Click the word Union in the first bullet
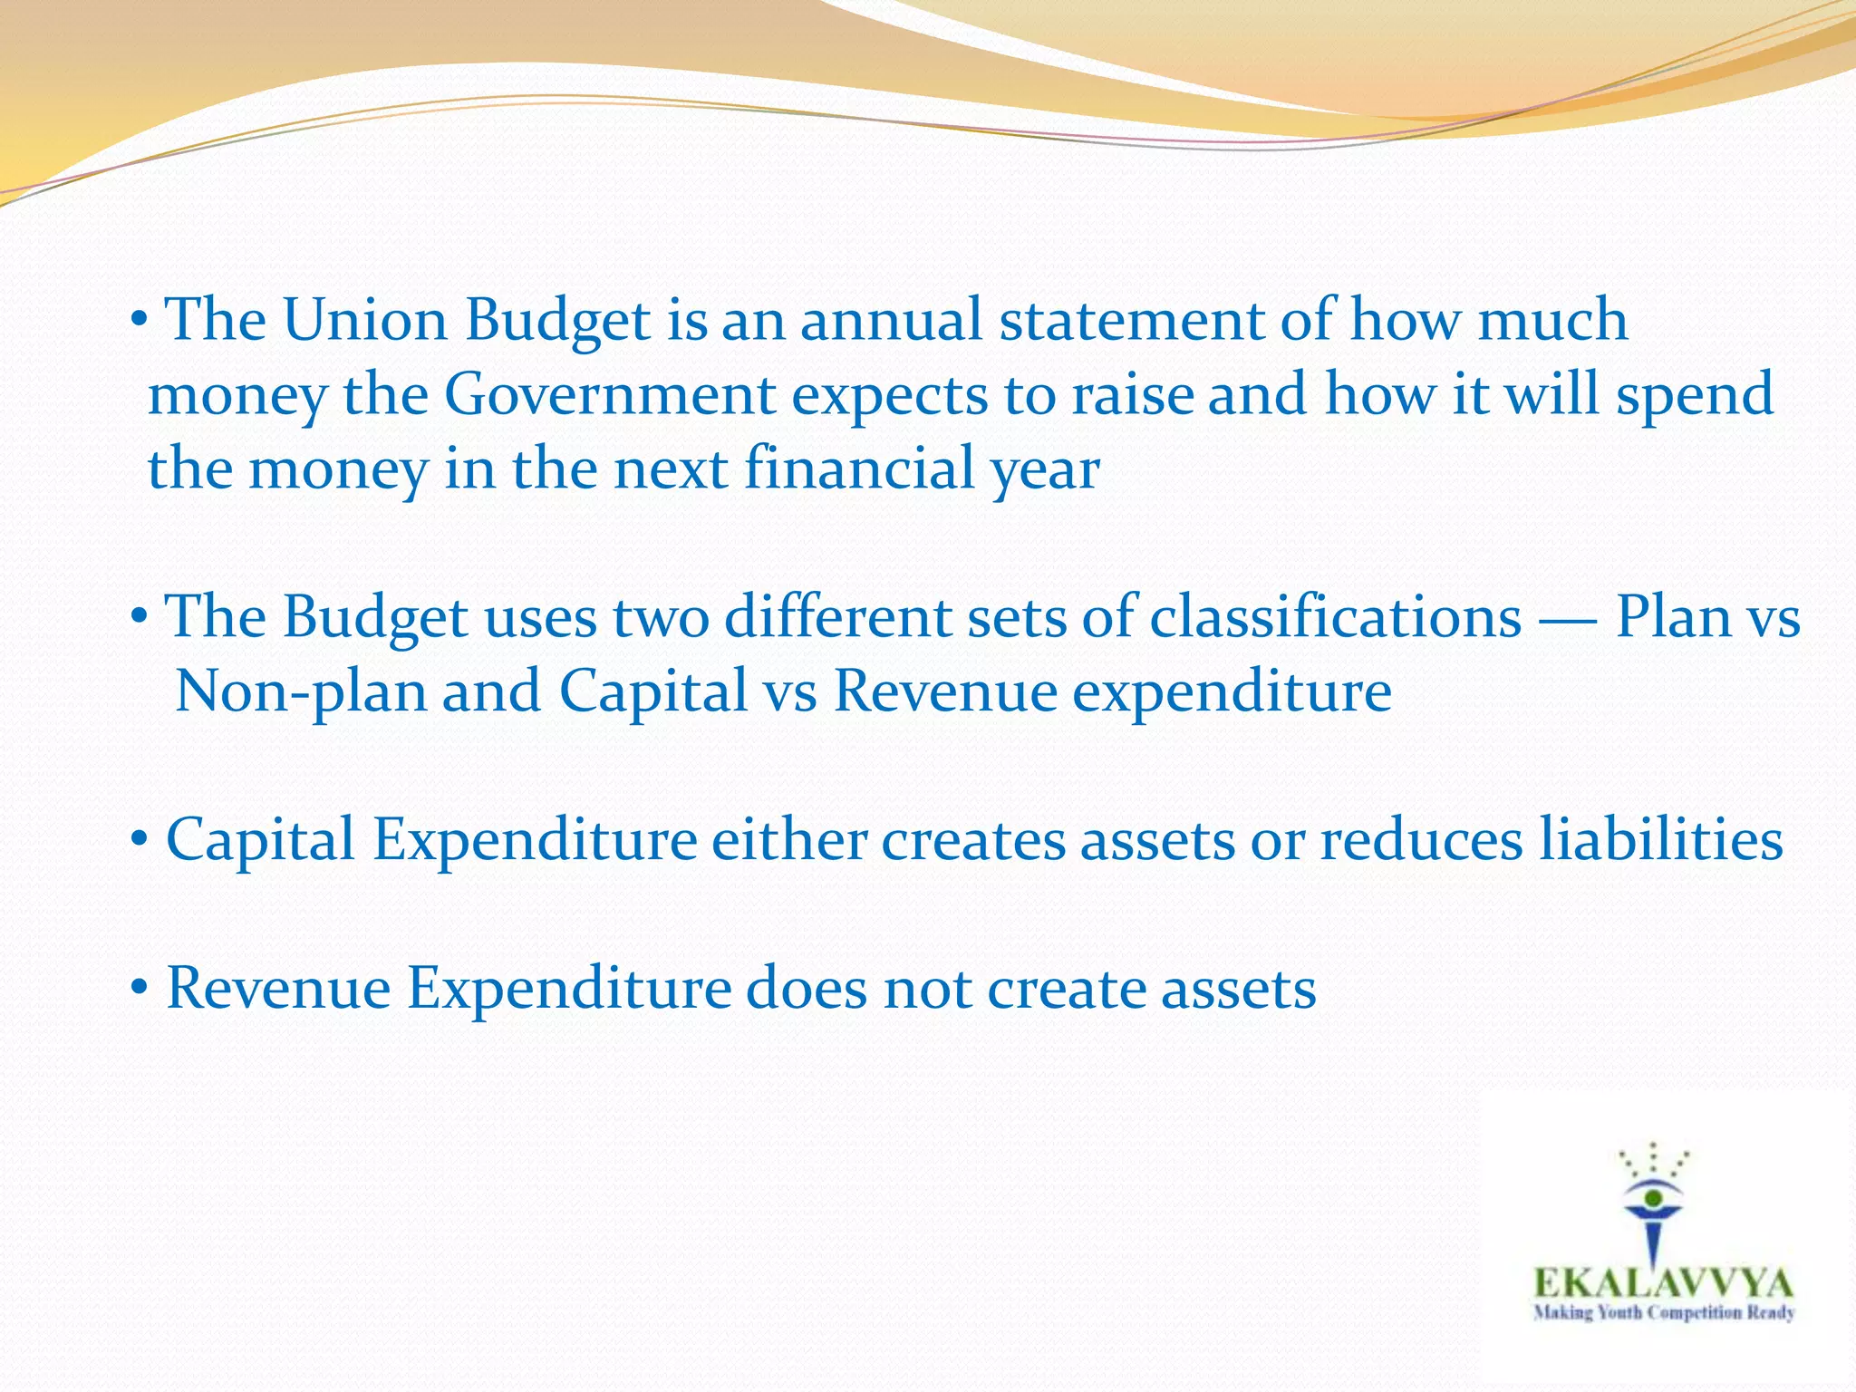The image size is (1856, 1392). (365, 320)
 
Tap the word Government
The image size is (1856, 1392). (610, 395)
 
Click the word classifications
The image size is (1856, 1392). (1336, 617)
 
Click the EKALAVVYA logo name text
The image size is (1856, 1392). (1663, 1283)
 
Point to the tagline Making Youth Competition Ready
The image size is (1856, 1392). (1663, 1313)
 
